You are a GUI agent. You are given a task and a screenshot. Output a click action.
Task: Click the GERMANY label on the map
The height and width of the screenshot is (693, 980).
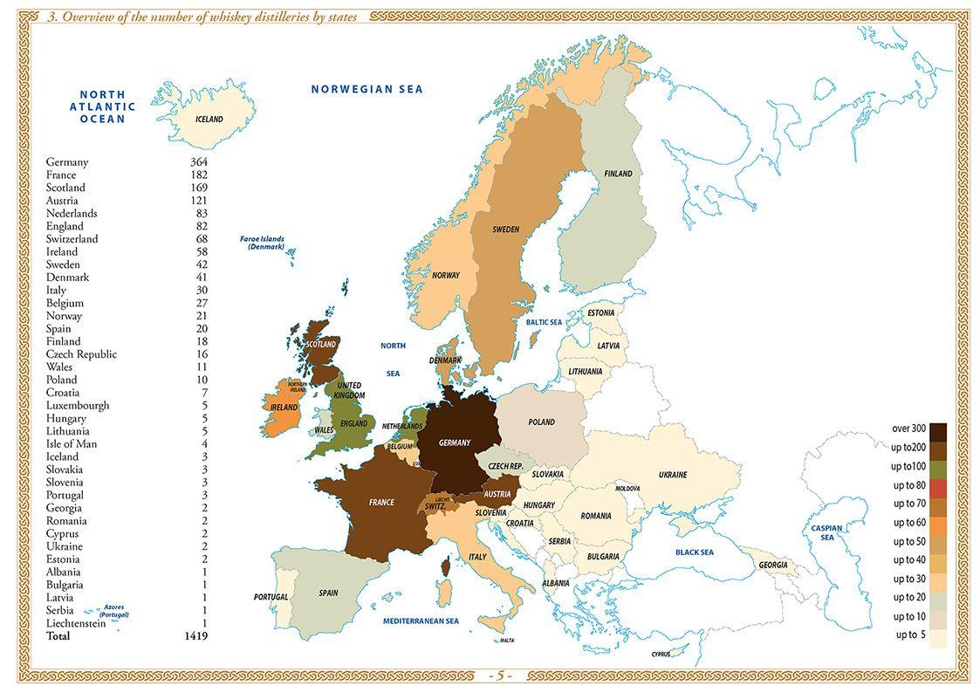pyautogui.click(x=454, y=443)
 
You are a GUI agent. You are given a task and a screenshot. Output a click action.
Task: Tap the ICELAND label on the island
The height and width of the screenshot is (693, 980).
pyautogui.click(x=209, y=120)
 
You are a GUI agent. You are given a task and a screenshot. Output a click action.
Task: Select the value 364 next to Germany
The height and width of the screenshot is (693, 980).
pyautogui.click(x=197, y=162)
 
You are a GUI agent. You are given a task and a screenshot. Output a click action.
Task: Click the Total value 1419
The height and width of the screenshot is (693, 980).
pyautogui.click(x=195, y=636)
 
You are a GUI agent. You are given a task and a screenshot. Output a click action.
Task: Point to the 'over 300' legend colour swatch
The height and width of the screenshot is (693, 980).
pyautogui.click(x=939, y=430)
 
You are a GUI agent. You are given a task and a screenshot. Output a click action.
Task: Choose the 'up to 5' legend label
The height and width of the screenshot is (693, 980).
pyautogui.click(x=910, y=635)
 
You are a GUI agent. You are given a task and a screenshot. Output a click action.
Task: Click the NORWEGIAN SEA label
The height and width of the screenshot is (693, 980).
pyautogui.click(x=367, y=89)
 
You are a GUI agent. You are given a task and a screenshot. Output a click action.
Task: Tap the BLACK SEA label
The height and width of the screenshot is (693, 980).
pyautogui.click(x=694, y=552)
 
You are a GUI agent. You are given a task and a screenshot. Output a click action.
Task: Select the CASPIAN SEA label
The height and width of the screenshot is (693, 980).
pyautogui.click(x=826, y=533)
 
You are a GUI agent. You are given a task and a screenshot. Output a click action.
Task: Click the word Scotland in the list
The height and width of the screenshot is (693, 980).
pyautogui.click(x=65, y=188)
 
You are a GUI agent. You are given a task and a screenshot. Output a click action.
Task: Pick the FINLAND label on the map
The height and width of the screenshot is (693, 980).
pyautogui.click(x=618, y=175)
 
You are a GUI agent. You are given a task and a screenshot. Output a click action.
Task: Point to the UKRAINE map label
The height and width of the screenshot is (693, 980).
pyautogui.click(x=673, y=475)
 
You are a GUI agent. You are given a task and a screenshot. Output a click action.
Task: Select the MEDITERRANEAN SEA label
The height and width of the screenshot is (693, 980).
pyautogui.click(x=421, y=621)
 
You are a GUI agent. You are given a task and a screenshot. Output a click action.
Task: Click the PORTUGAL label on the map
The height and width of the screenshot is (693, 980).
pyautogui.click(x=271, y=597)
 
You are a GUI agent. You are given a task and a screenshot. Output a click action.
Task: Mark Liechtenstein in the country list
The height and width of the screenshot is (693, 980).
pyautogui.click(x=76, y=623)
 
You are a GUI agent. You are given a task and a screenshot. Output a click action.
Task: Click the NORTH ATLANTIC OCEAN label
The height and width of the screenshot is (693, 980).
pyautogui.click(x=103, y=106)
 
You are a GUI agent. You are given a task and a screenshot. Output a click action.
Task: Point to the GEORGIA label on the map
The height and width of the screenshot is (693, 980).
pyautogui.click(x=773, y=566)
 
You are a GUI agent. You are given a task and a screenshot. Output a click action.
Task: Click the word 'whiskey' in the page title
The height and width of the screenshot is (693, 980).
pyautogui.click(x=202, y=17)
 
